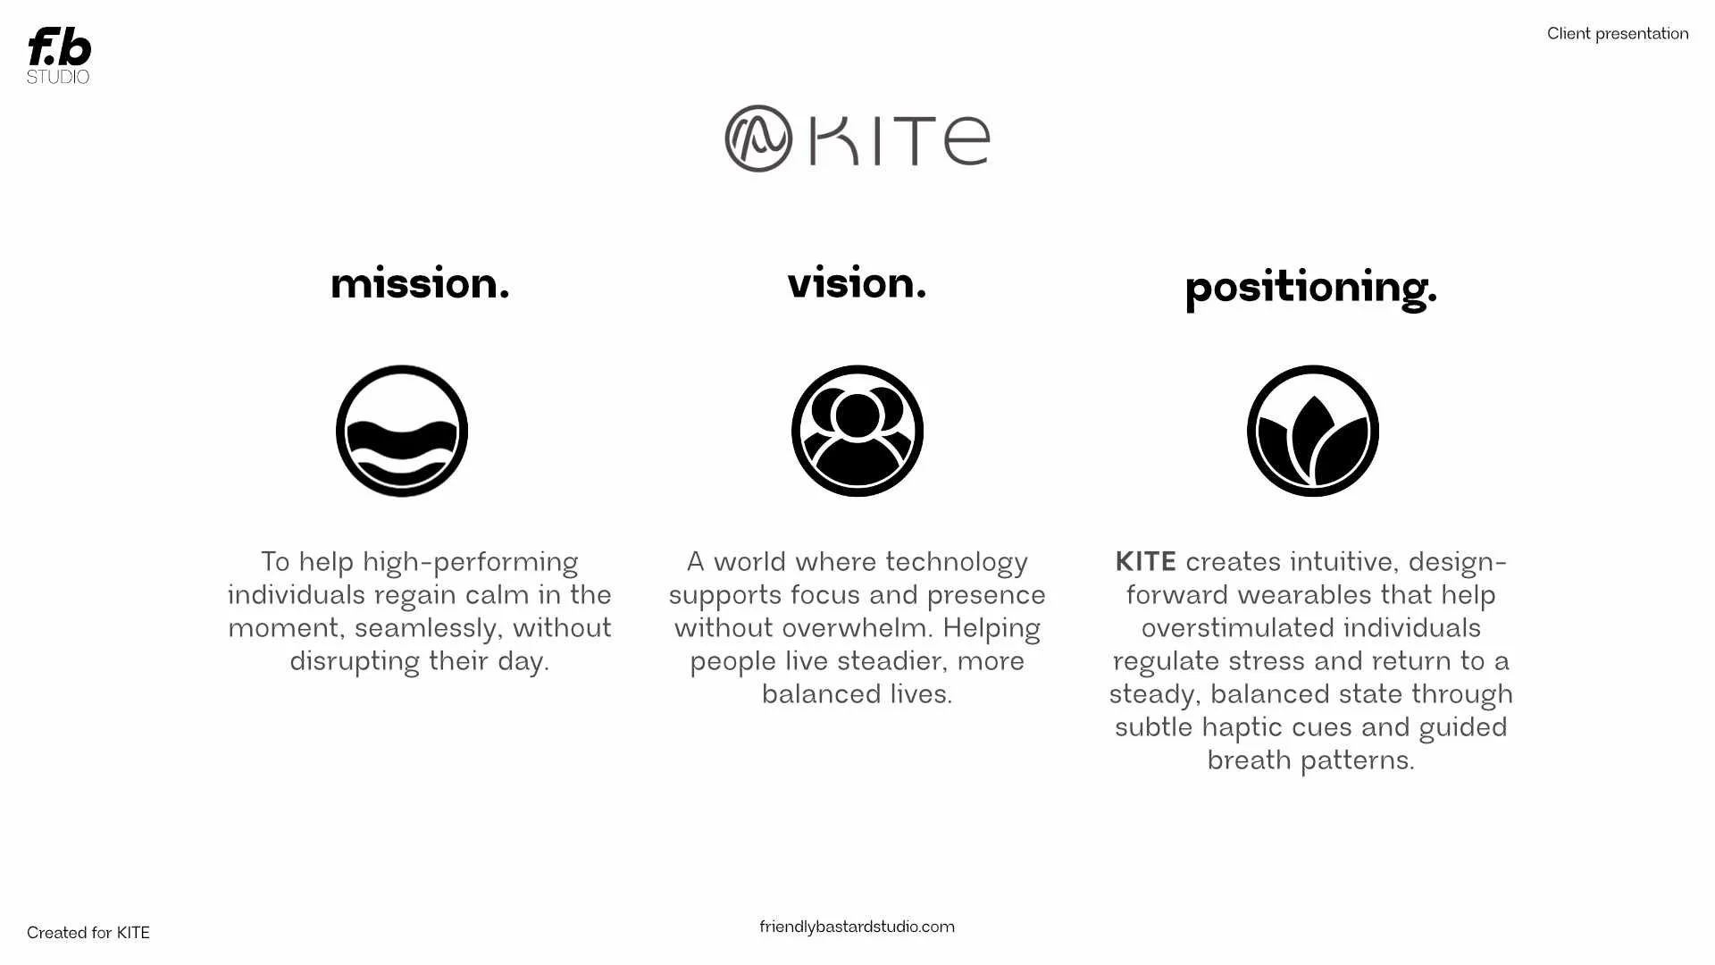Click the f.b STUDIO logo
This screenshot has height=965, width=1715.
coord(59,54)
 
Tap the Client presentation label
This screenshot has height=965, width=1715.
coord(1617,34)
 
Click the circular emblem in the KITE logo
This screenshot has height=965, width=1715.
coord(758,138)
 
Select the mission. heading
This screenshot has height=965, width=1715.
coord(420,284)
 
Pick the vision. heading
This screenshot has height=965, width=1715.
coord(856,283)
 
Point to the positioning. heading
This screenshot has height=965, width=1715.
coord(1310,289)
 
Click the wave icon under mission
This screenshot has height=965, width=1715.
coord(402,431)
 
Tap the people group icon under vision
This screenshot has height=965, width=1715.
coord(857,431)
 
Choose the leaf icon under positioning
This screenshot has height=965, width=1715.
coord(1312,431)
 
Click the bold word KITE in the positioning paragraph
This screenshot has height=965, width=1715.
coord(1145,562)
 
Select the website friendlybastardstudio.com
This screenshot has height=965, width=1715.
coord(857,927)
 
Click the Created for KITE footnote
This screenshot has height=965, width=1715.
coord(88,933)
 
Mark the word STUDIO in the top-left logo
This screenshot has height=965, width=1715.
coord(58,77)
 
